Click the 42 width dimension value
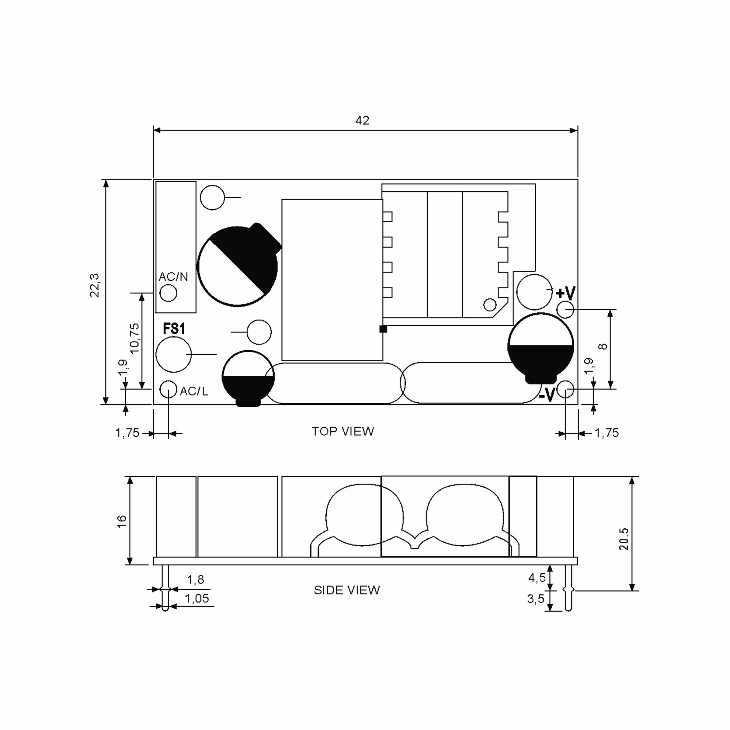click(362, 120)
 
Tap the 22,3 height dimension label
click(95, 286)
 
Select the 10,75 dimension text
click(134, 338)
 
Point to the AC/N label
click(173, 277)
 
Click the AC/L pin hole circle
click(168, 389)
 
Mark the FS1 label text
click(174, 329)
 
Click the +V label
click(566, 293)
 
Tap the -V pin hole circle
click(565, 389)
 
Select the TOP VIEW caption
click(343, 432)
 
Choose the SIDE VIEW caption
click(347, 590)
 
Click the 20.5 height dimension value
click(624, 539)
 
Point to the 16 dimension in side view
click(122, 521)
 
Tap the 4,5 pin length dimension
click(537, 577)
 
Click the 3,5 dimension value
click(536, 599)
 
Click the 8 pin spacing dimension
click(603, 346)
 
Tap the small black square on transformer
click(383, 329)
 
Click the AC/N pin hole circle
click(169, 293)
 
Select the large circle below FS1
click(173, 354)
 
